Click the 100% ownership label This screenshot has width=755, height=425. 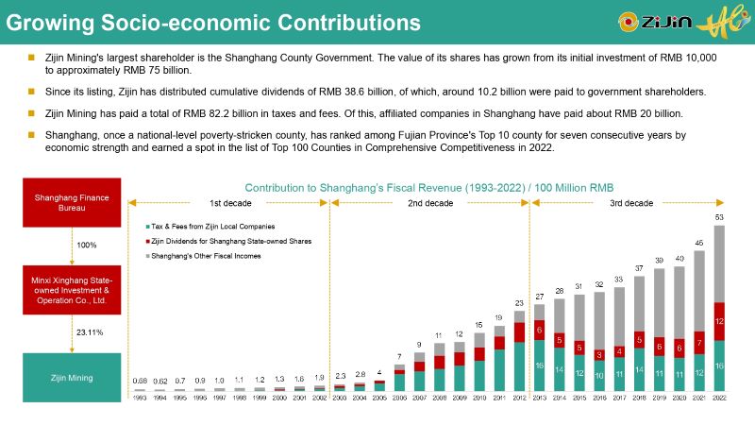(x=87, y=245)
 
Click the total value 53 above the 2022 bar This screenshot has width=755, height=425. (x=719, y=218)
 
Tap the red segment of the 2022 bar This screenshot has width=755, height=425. (x=719, y=321)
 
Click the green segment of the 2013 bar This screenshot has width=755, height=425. (x=539, y=365)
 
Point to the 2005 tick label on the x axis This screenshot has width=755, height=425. (x=379, y=398)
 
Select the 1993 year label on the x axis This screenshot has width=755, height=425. (x=141, y=398)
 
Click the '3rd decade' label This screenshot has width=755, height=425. (x=630, y=203)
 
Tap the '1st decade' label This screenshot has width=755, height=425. (x=228, y=203)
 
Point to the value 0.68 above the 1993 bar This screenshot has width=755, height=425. (x=141, y=382)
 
